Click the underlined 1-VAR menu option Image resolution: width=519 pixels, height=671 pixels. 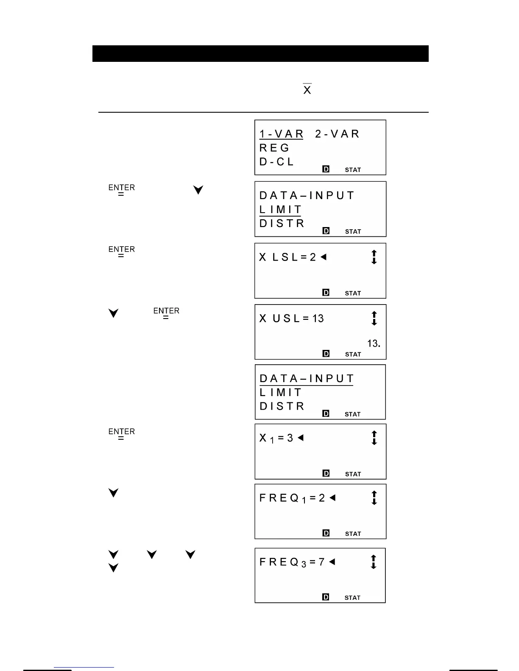281,134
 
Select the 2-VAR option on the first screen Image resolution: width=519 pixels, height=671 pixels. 337,134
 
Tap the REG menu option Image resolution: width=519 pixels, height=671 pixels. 274,148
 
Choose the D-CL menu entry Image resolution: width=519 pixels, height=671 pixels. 276,162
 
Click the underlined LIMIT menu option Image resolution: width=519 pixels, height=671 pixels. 280,210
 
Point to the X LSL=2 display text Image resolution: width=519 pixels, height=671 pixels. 288,257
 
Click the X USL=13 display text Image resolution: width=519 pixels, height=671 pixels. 291,319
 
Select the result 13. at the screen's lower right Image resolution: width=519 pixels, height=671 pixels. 374,344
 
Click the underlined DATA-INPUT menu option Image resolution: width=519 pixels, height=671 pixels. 307,379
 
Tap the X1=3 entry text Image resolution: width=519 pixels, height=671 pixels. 276,438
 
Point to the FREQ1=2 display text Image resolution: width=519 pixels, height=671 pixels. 292,498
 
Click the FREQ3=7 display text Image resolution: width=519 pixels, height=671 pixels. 292,562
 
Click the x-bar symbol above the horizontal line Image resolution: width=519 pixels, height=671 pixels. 307,89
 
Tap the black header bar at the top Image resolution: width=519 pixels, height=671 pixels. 260,54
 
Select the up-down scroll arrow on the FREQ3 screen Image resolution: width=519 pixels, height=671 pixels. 374,562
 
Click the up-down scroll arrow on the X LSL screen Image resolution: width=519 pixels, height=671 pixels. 374,257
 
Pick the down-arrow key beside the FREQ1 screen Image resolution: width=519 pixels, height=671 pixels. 113,493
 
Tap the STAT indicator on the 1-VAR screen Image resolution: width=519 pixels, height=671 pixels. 353,170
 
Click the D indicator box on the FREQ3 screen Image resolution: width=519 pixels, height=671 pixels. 326,597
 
